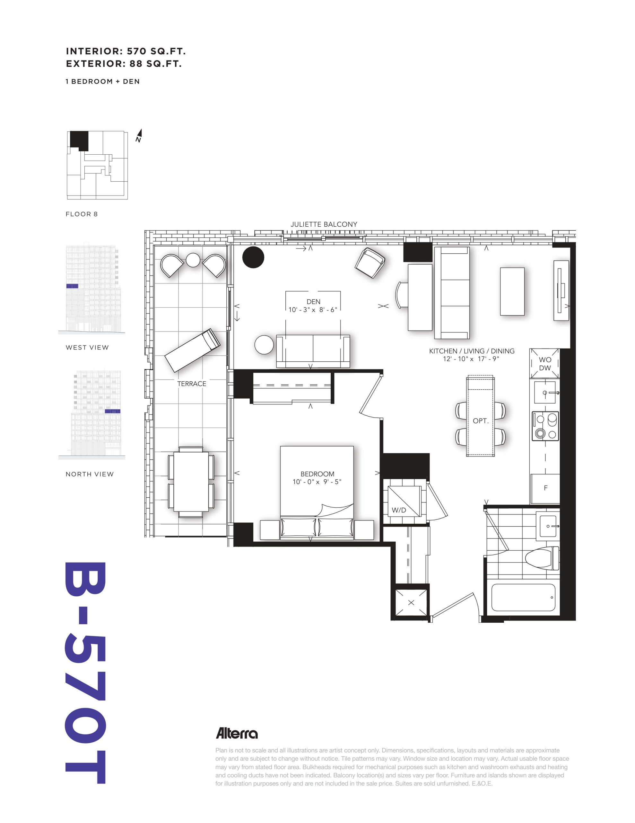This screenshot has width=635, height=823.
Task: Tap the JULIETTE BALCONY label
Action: (x=324, y=224)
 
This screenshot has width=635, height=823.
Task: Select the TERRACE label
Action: (x=192, y=384)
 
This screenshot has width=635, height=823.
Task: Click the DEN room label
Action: (x=313, y=302)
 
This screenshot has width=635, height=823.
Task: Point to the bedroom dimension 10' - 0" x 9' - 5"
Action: (x=317, y=482)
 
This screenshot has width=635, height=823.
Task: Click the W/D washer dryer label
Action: (x=399, y=510)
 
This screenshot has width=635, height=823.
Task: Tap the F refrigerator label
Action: (x=545, y=488)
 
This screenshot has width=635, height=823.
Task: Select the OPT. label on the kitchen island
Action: (x=481, y=421)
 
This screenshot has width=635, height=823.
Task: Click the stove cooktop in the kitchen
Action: (x=545, y=426)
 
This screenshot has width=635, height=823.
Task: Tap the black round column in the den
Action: (x=253, y=258)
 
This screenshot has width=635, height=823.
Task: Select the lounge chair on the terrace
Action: (x=192, y=350)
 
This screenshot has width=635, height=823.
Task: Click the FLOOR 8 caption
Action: (x=82, y=214)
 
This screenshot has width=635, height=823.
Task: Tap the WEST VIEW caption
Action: (x=87, y=348)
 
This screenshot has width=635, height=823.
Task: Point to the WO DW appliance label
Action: (x=545, y=364)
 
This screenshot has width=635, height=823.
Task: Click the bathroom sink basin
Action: (x=548, y=526)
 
